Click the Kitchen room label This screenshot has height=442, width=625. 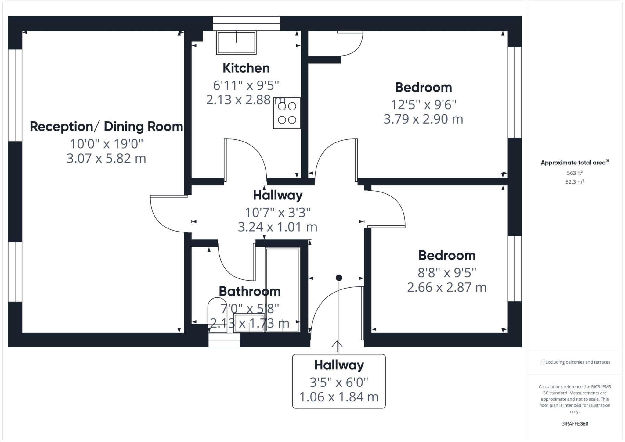[246, 68]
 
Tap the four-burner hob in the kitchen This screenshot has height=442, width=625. [287, 113]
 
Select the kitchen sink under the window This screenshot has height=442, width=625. [236, 42]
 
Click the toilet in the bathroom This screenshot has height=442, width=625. [218, 314]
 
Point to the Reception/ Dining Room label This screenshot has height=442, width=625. [106, 127]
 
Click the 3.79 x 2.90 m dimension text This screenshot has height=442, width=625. [423, 119]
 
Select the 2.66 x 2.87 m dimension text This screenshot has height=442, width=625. [446, 287]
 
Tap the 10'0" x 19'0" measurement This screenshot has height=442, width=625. [106, 144]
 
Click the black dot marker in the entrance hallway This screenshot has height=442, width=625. [339, 278]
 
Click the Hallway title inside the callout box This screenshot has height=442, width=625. [339, 365]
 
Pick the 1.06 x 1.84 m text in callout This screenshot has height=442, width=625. [339, 397]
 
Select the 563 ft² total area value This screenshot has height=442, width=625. [575, 173]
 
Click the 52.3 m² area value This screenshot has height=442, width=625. [575, 182]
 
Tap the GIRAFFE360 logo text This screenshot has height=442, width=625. [575, 424]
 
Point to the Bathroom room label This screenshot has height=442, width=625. [250, 291]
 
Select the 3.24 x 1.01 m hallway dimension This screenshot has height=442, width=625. [277, 227]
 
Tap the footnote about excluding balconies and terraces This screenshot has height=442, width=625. [575, 362]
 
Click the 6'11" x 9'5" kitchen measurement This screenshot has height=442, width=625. [246, 85]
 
